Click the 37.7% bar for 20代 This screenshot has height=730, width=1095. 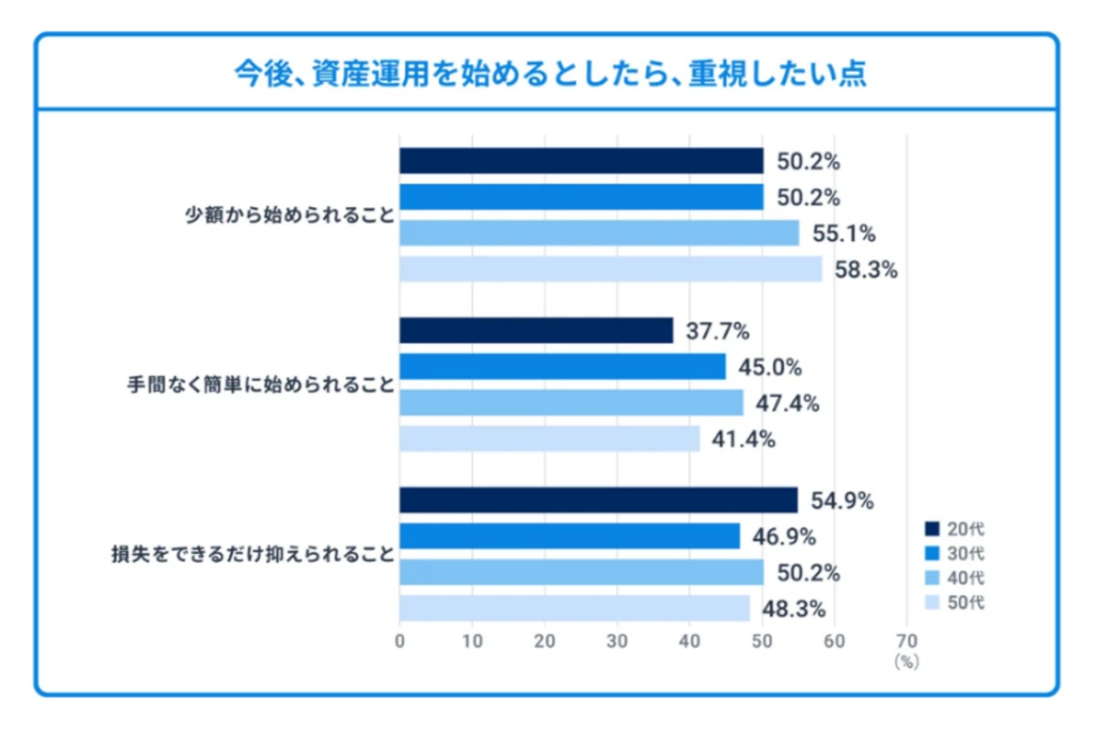click(536, 330)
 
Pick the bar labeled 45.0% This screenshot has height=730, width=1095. click(562, 367)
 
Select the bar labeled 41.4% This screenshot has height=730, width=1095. click(549, 439)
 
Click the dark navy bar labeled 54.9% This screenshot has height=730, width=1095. click(598, 500)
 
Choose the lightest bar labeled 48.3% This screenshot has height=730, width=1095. click(574, 608)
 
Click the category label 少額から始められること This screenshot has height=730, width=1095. click(288, 216)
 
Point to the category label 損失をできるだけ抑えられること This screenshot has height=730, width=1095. click(253, 554)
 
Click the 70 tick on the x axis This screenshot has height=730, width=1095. click(906, 641)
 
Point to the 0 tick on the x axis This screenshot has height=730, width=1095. click(400, 641)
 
